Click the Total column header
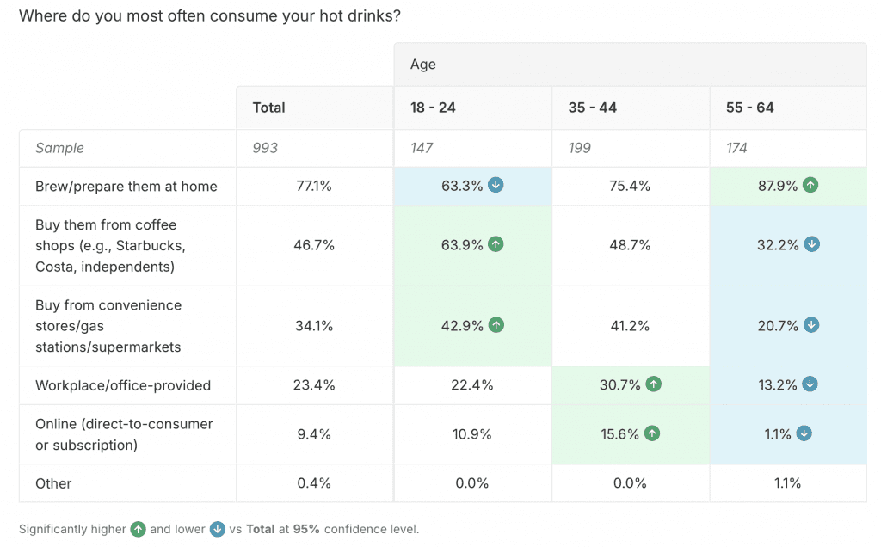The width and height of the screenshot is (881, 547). (x=268, y=108)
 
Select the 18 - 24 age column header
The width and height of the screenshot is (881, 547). (x=433, y=108)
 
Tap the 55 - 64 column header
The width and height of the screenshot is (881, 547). (x=749, y=108)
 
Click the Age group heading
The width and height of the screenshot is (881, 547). (x=422, y=65)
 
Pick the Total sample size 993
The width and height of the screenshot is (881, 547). (x=265, y=148)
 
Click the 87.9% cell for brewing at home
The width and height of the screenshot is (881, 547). (x=778, y=186)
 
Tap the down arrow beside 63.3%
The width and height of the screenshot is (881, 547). (x=496, y=185)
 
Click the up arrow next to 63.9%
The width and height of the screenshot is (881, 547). (x=496, y=244)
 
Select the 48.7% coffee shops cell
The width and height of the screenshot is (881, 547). (x=630, y=245)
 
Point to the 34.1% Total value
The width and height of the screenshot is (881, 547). (x=314, y=326)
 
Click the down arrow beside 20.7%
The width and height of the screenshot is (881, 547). (x=811, y=325)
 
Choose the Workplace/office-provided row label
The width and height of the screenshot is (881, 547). (x=123, y=385)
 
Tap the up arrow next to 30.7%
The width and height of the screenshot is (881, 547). (x=653, y=384)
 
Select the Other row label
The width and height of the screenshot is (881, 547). (x=53, y=483)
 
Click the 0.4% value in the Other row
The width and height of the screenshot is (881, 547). (x=314, y=483)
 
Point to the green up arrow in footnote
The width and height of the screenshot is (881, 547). (x=139, y=529)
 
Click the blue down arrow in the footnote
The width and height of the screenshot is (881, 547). (x=218, y=529)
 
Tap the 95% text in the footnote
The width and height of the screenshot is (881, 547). (x=306, y=529)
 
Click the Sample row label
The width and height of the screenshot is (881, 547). (x=59, y=148)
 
